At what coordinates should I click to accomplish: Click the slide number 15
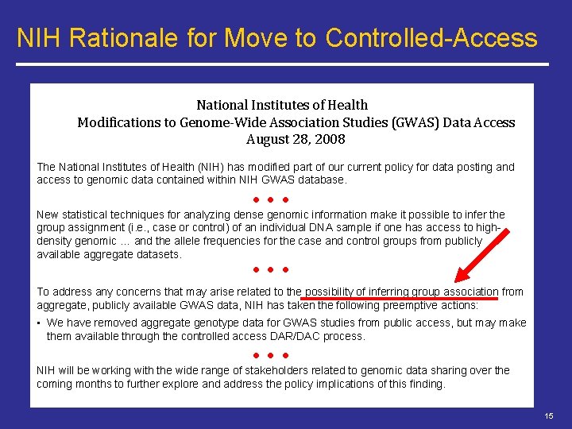549,416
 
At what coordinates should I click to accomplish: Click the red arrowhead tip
455,282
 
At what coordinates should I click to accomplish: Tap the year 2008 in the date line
330,139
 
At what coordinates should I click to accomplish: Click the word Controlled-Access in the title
432,37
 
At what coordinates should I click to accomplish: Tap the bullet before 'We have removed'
39,323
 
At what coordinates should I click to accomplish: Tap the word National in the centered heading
225,105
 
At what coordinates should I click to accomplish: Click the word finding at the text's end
427,384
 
